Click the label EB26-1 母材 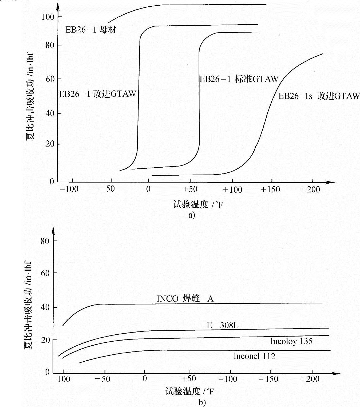(91, 30)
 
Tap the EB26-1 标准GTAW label (239, 79)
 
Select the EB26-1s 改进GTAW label (319, 96)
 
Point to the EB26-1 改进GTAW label (97, 94)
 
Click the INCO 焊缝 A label (185, 299)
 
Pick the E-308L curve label (223, 325)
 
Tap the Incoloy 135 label (291, 341)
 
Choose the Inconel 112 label (254, 356)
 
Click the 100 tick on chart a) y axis (48, 17)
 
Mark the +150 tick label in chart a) (270, 190)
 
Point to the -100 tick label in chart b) (61, 379)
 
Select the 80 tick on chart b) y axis (45, 241)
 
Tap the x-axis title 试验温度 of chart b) (189, 391)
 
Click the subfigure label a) (192, 215)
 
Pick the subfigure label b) (202, 402)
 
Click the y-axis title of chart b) (28, 305)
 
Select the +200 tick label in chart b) (310, 379)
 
